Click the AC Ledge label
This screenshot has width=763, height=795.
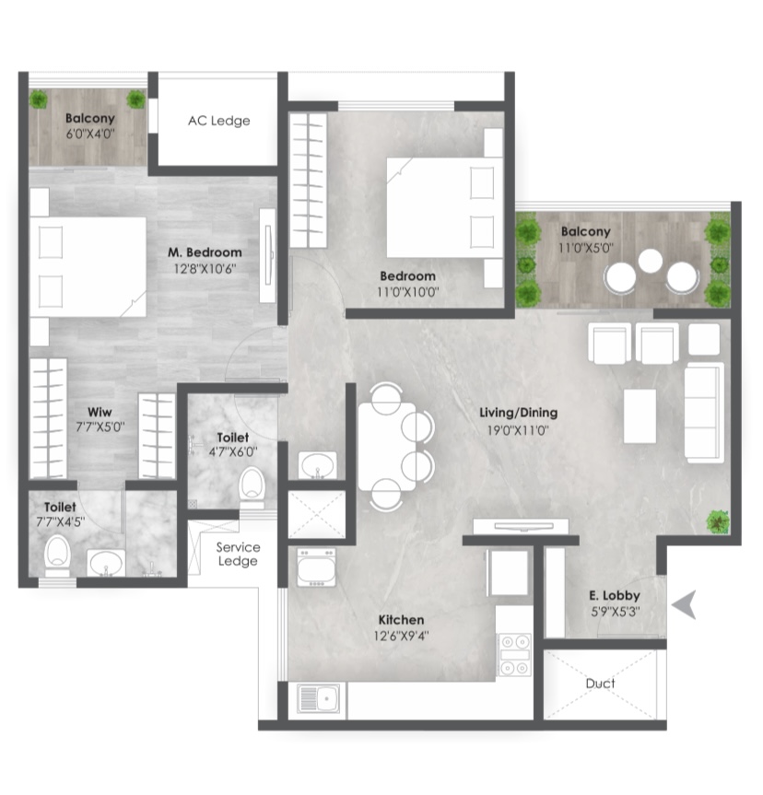[218, 121]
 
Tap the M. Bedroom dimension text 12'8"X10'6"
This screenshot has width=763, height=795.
[205, 269]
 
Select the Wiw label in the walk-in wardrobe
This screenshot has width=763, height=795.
[100, 412]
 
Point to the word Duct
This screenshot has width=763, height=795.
[600, 684]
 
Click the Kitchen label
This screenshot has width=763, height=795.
[401, 620]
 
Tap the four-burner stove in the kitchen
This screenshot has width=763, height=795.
[514, 654]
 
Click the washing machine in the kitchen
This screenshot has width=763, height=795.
[316, 567]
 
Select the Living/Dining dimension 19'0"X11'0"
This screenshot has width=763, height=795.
[518, 430]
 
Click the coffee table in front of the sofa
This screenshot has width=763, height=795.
[640, 415]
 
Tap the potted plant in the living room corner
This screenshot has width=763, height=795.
[717, 521]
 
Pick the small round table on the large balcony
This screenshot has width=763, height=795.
[651, 261]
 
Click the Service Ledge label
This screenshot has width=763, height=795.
[238, 554]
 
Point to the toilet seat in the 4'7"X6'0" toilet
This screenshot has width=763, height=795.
[252, 485]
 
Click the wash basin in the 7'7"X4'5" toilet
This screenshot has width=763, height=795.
[106, 563]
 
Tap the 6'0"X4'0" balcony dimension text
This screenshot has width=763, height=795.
[89, 134]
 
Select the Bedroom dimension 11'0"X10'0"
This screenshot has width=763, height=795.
[408, 292]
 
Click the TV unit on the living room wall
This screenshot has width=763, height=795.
[521, 526]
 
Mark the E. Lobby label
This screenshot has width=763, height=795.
[615, 596]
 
